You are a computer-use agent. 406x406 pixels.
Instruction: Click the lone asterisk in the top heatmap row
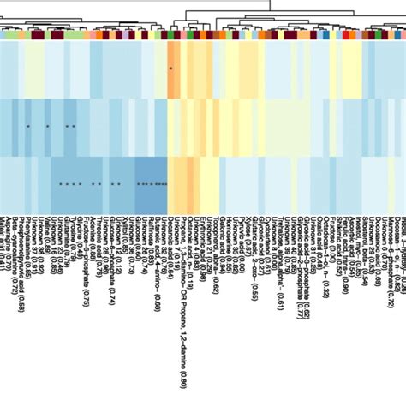point(170,69)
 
